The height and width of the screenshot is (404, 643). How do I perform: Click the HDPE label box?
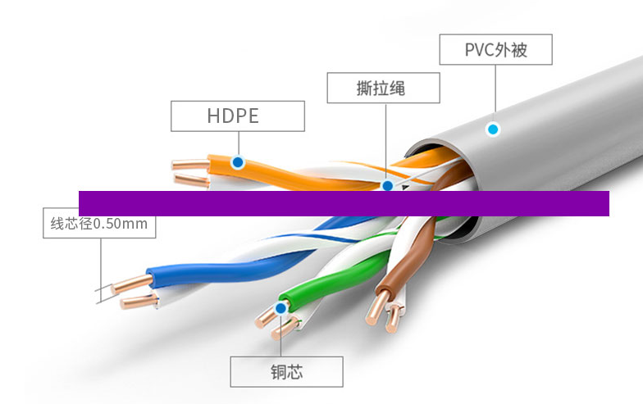(237, 116)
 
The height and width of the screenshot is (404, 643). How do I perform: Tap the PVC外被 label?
(495, 49)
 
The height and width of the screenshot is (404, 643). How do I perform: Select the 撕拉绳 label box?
(383, 88)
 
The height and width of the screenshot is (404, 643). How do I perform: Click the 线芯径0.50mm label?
(99, 223)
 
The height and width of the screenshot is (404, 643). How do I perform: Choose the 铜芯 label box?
(286, 371)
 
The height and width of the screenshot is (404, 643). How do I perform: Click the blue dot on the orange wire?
(237, 162)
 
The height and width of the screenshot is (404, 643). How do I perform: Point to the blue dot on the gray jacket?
(493, 129)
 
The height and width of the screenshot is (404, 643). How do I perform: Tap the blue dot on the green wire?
(281, 308)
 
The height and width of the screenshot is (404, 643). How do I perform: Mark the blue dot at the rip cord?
(387, 186)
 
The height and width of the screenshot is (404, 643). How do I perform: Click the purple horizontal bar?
(344, 203)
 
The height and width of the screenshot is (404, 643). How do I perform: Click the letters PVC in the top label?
(478, 50)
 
